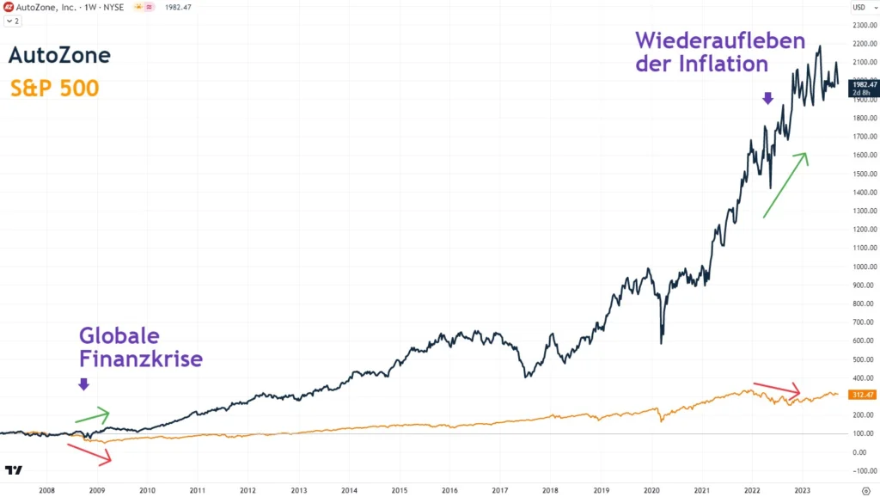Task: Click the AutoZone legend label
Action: [59, 56]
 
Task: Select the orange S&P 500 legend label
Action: [54, 88]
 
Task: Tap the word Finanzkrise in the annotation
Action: [140, 358]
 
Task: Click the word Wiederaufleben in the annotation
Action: [719, 41]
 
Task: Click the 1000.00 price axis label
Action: [863, 267]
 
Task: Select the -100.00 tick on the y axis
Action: [863, 471]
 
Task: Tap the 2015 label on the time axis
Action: [400, 490]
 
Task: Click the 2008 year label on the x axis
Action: [46, 490]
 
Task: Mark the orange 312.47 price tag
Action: [863, 395]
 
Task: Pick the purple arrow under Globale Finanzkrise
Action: [83, 384]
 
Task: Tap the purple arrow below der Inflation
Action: [767, 99]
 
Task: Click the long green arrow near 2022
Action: [784, 185]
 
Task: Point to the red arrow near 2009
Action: [89, 454]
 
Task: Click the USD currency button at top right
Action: [859, 8]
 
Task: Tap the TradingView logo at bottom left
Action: [13, 470]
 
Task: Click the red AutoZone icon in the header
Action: [8, 7]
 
